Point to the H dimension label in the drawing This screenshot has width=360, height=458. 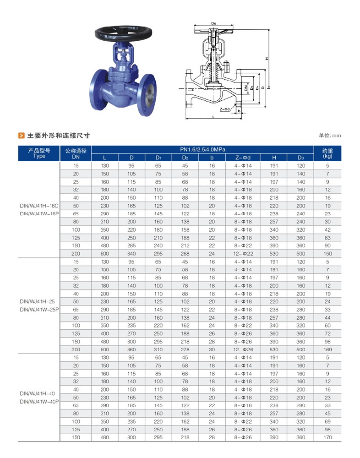[267, 58]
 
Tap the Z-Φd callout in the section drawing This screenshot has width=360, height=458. [225, 109]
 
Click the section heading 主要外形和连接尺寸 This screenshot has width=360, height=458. [58, 136]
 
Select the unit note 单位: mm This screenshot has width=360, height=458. [330, 136]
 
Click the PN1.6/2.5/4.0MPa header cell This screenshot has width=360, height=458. [202, 149]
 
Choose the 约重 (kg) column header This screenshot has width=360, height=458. [327, 153]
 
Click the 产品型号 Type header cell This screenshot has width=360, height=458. [39, 153]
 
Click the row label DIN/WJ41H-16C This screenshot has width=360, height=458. [39, 206]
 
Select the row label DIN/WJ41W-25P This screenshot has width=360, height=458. [39, 310]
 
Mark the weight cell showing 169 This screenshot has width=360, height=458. [327, 349]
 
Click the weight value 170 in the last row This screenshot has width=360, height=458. [327, 437]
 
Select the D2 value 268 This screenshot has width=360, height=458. [185, 254]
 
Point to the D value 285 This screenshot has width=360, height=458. [131, 246]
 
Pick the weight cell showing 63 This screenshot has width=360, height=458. [327, 238]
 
